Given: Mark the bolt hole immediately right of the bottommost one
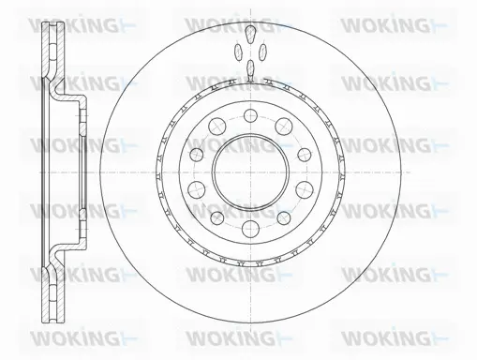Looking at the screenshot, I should click(284, 218).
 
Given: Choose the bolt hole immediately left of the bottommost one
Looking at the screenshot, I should click(216, 218).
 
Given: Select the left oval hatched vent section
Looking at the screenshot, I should click(238, 53).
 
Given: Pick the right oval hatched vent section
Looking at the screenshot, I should click(261, 53).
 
